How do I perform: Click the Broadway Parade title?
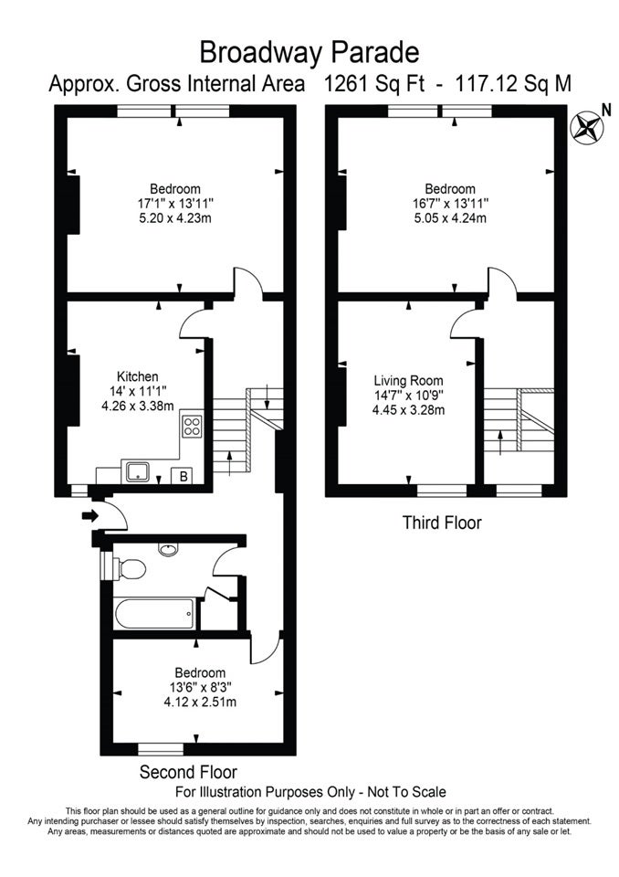pyautogui.click(x=309, y=53)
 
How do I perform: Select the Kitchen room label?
pyautogui.click(x=137, y=376)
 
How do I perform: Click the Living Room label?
pyautogui.click(x=408, y=381)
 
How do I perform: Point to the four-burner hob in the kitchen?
pyautogui.click(x=192, y=426)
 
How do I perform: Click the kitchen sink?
pyautogui.click(x=137, y=471)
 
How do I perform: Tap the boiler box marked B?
pyautogui.click(x=183, y=477)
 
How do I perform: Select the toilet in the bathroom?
pyautogui.click(x=129, y=569)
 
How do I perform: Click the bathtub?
pyautogui.click(x=155, y=613)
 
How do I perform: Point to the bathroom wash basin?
pyautogui.click(x=168, y=549)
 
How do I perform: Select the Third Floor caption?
pyautogui.click(x=442, y=523)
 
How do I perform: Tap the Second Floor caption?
pyautogui.click(x=188, y=773)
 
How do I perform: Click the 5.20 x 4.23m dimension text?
pyautogui.click(x=175, y=218)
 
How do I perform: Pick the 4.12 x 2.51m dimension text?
pyautogui.click(x=200, y=702)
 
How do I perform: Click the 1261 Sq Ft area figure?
pyautogui.click(x=374, y=84)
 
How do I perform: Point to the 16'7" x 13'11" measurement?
pyautogui.click(x=450, y=203)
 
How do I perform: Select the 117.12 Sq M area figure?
pyautogui.click(x=513, y=84)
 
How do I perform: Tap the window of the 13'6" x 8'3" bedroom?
pyautogui.click(x=161, y=748)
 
